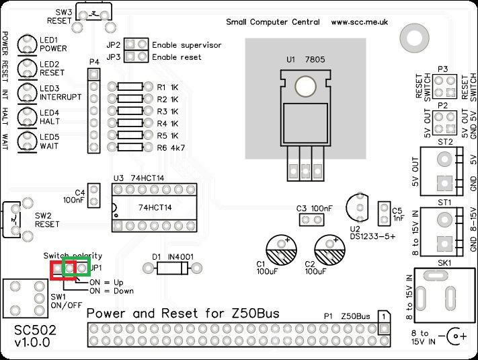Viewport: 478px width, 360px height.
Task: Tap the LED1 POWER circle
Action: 28,44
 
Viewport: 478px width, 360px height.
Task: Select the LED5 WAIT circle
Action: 28,140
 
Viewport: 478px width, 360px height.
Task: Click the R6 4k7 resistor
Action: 130,147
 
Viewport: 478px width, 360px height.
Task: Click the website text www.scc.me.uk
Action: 360,22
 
